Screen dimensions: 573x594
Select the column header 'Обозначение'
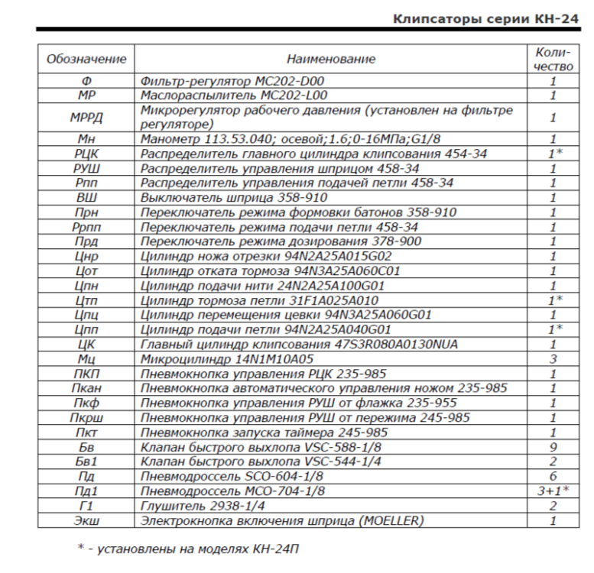[x=86, y=59]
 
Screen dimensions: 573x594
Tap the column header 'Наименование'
[x=331, y=59]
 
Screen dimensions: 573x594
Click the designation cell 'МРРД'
[x=86, y=117]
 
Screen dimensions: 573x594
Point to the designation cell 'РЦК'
[x=86, y=154]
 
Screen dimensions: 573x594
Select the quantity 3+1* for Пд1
[x=552, y=490]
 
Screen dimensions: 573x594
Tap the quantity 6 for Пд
[x=552, y=477]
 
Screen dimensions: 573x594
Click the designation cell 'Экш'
[x=86, y=521]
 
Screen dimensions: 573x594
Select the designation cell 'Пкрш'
[x=86, y=418]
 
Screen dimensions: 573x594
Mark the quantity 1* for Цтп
[x=552, y=300]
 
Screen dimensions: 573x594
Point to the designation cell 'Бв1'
[x=86, y=462]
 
